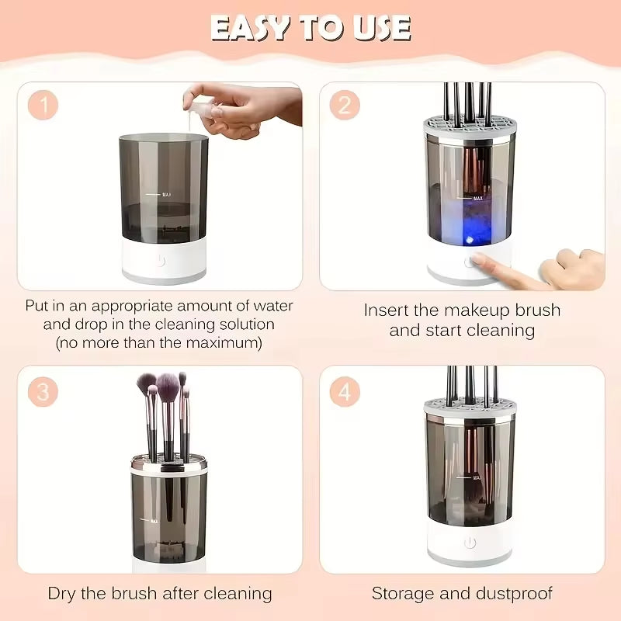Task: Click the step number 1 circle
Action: coord(43,106)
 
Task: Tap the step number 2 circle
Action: coord(344,106)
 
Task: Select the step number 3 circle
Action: coord(43,391)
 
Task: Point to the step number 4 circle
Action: coord(344,391)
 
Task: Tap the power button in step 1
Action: coord(161,261)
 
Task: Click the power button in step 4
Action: coord(470,543)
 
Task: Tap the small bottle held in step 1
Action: coord(199,109)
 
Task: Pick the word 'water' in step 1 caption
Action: coord(269,306)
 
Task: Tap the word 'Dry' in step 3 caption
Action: coord(64,594)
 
